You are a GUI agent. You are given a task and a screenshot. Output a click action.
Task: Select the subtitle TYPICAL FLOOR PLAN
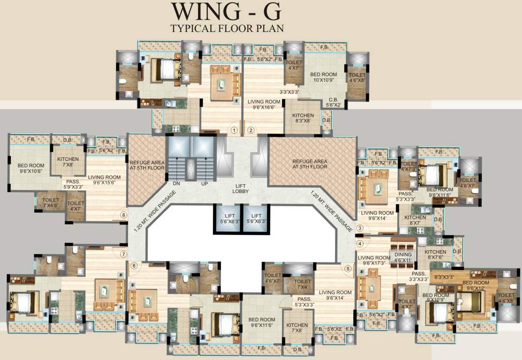[227, 28]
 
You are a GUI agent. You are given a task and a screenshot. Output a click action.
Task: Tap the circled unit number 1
[234, 130]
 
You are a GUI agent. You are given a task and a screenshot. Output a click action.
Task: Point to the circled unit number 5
[348, 269]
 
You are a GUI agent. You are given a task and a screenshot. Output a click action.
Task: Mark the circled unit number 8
[123, 215]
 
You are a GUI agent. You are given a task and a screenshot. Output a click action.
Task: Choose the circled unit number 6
[134, 266]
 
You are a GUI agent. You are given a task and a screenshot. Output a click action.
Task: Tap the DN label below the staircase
[177, 184]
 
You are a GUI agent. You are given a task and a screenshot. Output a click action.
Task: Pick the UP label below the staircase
[204, 184]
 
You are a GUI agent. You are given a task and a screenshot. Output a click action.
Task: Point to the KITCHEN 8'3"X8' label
[303, 118]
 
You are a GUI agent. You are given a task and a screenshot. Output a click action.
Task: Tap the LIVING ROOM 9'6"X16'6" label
[263, 104]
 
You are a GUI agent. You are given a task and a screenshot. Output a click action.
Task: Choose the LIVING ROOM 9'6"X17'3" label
[374, 261]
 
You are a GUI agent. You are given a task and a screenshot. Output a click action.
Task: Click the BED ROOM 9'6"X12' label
[476, 285]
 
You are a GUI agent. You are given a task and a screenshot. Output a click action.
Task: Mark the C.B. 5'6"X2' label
[334, 102]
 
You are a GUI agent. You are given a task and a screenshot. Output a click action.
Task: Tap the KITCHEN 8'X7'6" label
[435, 255]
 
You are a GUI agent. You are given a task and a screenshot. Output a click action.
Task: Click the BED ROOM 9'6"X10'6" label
[31, 168]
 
